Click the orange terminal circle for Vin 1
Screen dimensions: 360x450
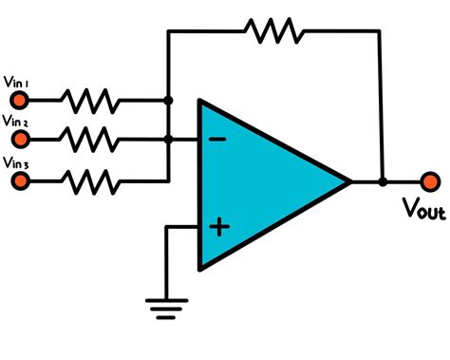[x=15, y=99]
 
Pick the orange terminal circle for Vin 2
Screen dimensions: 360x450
[x=15, y=139]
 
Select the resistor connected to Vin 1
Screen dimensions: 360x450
[x=89, y=99]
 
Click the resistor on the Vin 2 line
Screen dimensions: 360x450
[x=89, y=139]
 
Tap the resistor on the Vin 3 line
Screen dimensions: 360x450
[x=89, y=178]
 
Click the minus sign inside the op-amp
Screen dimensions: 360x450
[x=217, y=140]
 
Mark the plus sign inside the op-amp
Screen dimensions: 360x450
[x=218, y=226]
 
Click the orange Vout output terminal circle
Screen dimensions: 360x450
[x=430, y=180]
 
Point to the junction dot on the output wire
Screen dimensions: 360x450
[x=383, y=180]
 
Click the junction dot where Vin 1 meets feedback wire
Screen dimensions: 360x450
[x=168, y=99]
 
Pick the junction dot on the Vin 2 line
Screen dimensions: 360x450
[x=168, y=139]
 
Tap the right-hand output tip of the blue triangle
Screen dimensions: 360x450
[x=349, y=180]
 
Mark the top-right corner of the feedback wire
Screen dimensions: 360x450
[x=383, y=31]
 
